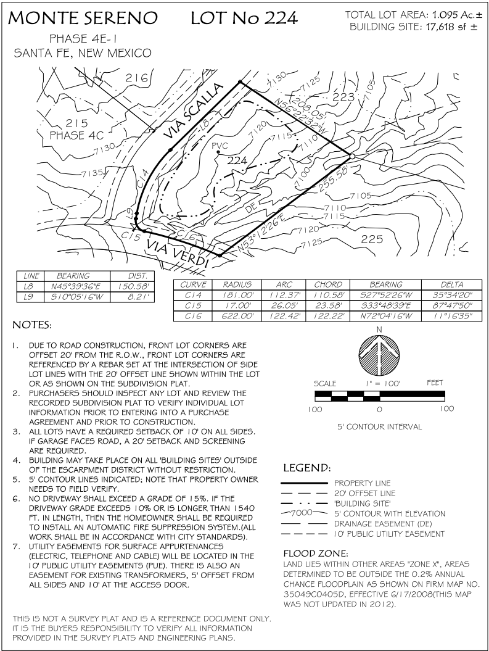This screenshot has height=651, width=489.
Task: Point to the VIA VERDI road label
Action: (177, 253)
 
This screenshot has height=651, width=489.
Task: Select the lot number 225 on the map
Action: (371, 239)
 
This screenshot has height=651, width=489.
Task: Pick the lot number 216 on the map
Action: (138, 78)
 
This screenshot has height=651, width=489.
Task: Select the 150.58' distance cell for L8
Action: (127, 287)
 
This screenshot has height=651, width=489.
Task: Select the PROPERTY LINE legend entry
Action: (363, 483)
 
